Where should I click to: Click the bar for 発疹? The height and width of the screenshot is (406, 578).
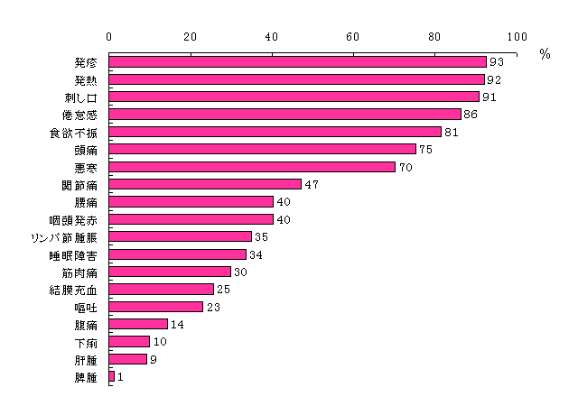tap(298, 62)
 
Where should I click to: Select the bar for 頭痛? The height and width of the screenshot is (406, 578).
tap(262, 149)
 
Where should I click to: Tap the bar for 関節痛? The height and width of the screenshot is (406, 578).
tap(205, 184)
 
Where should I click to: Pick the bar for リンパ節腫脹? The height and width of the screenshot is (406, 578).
tap(181, 236)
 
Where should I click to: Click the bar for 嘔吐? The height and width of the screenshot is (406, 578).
tap(155, 307)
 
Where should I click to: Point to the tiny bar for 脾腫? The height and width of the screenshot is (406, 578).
tap(112, 376)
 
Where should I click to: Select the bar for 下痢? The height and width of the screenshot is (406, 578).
tap(129, 341)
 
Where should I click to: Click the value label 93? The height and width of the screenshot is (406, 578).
tap(496, 62)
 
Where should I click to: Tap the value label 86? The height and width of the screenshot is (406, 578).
tap(468, 115)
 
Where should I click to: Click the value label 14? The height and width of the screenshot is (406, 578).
tap(176, 324)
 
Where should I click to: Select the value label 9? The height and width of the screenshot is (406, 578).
tap(153, 359)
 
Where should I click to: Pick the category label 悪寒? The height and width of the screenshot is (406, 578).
tap(86, 167)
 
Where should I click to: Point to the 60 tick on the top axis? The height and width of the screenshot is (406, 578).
tap(353, 37)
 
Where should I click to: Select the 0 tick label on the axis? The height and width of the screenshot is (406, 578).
tap(109, 37)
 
